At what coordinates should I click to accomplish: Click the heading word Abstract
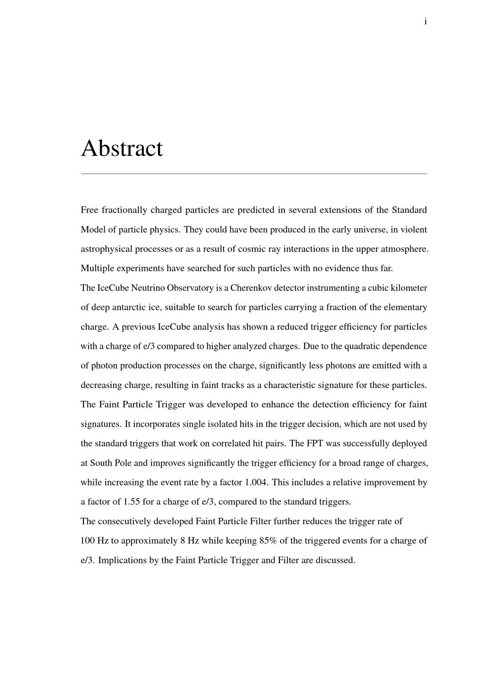pos(122,148)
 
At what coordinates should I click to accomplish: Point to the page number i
pos(425,21)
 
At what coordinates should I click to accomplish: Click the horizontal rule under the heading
pos(254,173)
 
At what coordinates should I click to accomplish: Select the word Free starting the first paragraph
pos(89,210)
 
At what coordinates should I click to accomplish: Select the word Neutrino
pos(148,288)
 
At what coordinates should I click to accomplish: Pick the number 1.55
pos(131,501)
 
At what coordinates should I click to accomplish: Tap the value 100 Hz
pos(95,541)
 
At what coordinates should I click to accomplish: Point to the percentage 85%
pos(268,541)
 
